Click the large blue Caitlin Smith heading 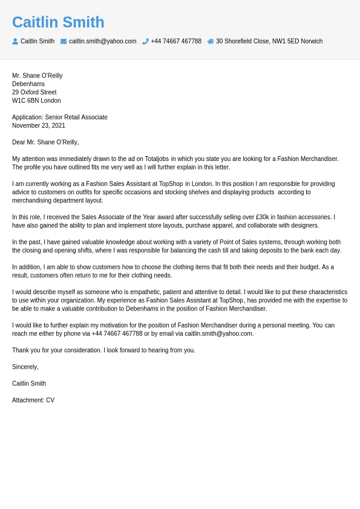pyautogui.click(x=58, y=22)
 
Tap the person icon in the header pyautogui.click(x=15, y=41)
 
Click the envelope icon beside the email pyautogui.click(x=64, y=41)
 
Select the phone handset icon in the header pyautogui.click(x=145, y=41)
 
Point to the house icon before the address pyautogui.click(x=211, y=41)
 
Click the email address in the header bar pyautogui.click(x=102, y=41)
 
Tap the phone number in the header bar pyautogui.click(x=176, y=41)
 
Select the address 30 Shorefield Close pyautogui.click(x=269, y=41)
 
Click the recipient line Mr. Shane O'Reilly pyautogui.click(x=37, y=76)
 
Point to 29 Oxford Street pyautogui.click(x=34, y=92)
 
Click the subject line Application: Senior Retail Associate pyautogui.click(x=59, y=117)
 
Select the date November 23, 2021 pyautogui.click(x=38, y=125)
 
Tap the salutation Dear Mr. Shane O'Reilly pyautogui.click(x=45, y=142)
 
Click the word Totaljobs pyautogui.click(x=157, y=159)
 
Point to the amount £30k pyautogui.click(x=262, y=217)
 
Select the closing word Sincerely pyautogui.click(x=25, y=367)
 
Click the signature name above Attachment pyautogui.click(x=29, y=383)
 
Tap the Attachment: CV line pyautogui.click(x=33, y=400)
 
